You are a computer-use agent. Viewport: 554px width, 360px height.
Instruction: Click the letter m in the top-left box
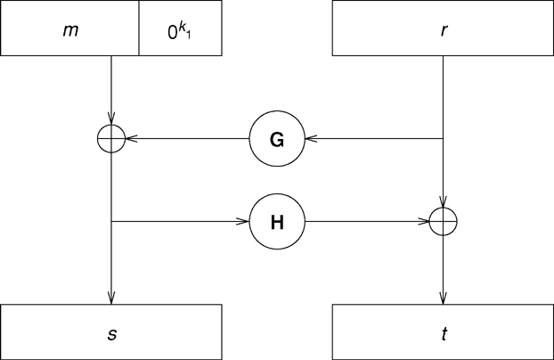pos(69,30)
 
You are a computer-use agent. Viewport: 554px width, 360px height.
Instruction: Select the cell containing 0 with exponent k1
pos(179,30)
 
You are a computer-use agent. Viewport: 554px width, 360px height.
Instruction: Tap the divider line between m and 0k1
pos(139,30)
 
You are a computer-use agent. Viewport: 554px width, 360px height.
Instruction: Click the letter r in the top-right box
pos(443,30)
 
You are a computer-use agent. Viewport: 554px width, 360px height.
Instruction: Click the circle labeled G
pos(276,138)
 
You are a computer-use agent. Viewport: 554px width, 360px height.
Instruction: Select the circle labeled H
pos(276,220)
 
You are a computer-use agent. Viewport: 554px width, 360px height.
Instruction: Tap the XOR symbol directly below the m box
pos(110,138)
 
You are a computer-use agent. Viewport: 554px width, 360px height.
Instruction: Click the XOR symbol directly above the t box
pos(443,220)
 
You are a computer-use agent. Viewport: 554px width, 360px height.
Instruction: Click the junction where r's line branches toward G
pos(443,138)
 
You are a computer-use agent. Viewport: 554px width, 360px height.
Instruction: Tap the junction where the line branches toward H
pos(110,220)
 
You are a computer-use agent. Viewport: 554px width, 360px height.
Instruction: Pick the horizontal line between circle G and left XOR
pos(187,138)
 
